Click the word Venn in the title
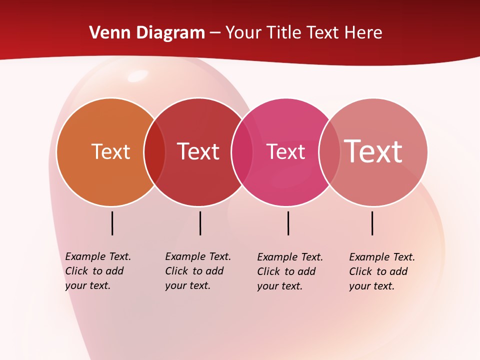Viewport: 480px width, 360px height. tap(107, 33)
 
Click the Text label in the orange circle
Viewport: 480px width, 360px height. tap(110, 151)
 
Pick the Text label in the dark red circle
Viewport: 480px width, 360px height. tap(198, 151)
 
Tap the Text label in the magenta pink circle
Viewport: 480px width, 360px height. tap(285, 151)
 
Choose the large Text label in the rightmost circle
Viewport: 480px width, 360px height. tap(373, 151)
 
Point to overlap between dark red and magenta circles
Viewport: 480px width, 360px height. tap(242, 152)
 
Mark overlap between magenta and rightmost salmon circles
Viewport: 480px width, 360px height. tap(329, 152)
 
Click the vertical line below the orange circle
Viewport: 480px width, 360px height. tap(112, 223)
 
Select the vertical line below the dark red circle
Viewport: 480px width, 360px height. tap(200, 223)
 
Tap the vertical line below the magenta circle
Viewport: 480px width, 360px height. tap(288, 223)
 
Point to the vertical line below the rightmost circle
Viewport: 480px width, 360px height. tap(372, 223)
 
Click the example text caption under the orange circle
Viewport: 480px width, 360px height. tap(98, 271)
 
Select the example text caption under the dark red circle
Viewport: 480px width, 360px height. tap(198, 271)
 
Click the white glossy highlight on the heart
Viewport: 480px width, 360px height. tap(138, 76)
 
